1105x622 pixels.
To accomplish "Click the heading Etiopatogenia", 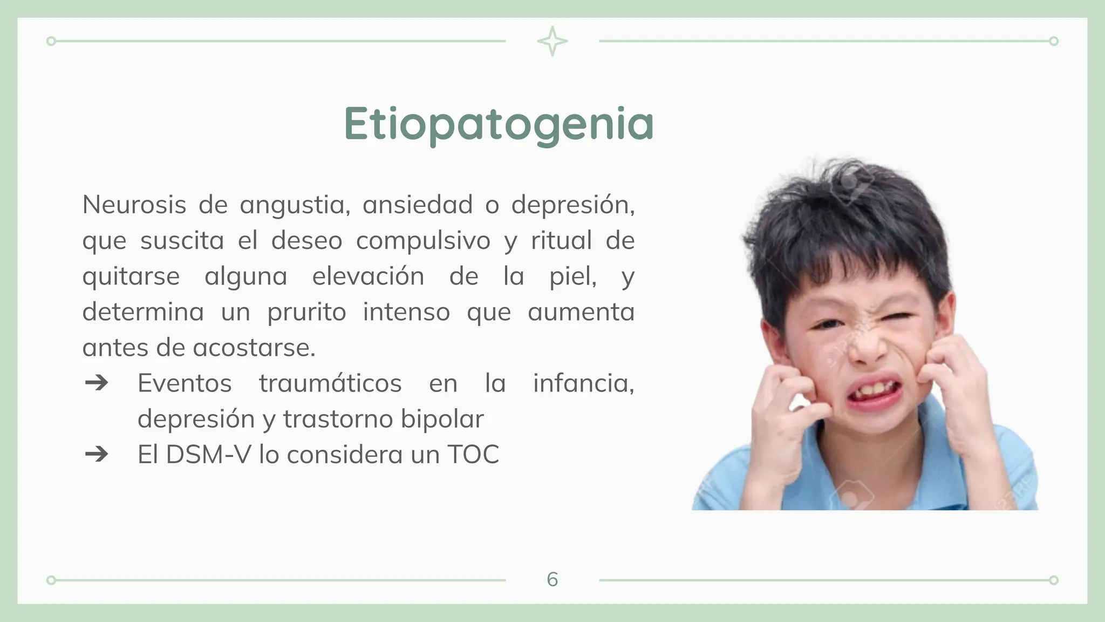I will [x=499, y=124].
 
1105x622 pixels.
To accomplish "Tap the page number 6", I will [x=552, y=579].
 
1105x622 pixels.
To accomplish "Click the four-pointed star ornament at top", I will [x=552, y=41].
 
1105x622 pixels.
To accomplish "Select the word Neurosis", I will [x=134, y=205].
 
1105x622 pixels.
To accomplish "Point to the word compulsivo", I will [x=423, y=241].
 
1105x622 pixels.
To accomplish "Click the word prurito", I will [x=306, y=312].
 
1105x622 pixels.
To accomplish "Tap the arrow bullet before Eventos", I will [x=97, y=383].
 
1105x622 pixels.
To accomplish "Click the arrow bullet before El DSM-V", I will [x=97, y=455].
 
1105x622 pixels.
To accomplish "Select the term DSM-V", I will [x=209, y=455].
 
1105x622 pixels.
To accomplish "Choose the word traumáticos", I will [x=330, y=383].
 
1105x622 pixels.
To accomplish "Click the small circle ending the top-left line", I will [x=51, y=41].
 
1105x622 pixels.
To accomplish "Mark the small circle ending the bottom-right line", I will [x=1054, y=580].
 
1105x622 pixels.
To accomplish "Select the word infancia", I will [x=583, y=383].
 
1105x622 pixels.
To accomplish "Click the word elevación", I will [x=368, y=276].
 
